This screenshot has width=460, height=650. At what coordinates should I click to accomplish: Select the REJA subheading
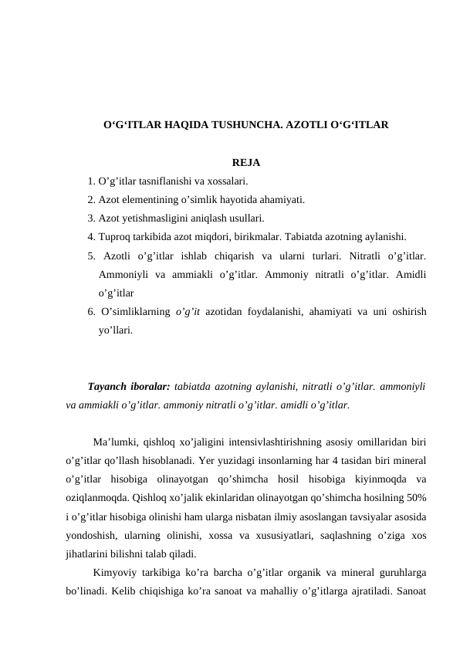click(x=245, y=163)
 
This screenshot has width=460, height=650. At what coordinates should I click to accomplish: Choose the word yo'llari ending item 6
click(x=116, y=330)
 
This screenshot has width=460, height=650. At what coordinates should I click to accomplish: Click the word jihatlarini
click(x=93, y=554)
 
